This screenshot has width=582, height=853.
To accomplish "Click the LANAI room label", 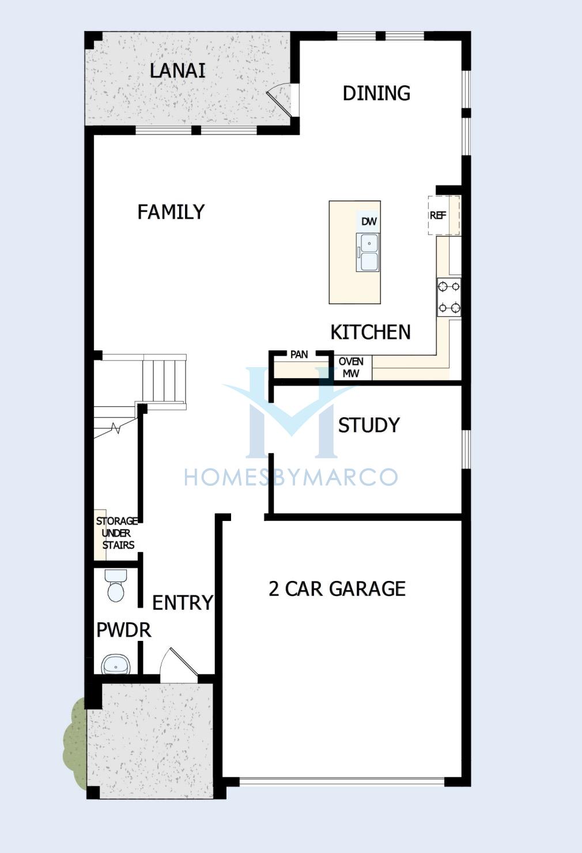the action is pos(177,71).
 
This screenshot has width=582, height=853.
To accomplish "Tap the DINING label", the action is pos(376,93).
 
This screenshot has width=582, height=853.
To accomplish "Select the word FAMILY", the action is pos(171,212).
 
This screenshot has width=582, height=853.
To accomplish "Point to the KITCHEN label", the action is pos(371,332).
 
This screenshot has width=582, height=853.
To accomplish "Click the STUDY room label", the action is pos(369,425).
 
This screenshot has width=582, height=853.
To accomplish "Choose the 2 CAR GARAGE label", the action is pos(337,588).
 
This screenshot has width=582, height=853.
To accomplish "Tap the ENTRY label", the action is pos(182,602).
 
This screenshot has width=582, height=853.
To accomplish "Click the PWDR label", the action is pos(124,630).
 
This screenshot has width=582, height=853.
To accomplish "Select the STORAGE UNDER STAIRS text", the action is pos(117,533).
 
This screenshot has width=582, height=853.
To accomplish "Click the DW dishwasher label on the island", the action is pos(368,221).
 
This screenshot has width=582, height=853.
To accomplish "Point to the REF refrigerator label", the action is pos(438,215).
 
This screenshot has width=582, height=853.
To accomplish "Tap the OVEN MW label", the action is pos(351,368).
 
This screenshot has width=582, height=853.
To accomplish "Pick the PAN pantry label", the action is pos(299,354).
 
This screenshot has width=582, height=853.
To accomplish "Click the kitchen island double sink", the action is pos(368,252).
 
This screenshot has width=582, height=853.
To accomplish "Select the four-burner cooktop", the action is pos(449,297).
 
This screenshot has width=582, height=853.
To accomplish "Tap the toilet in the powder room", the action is pos(116,586).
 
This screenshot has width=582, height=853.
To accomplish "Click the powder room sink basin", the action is pos(116,665).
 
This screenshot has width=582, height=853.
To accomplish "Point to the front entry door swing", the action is pos(178,665).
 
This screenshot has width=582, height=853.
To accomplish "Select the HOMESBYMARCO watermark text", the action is pos(291,477).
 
